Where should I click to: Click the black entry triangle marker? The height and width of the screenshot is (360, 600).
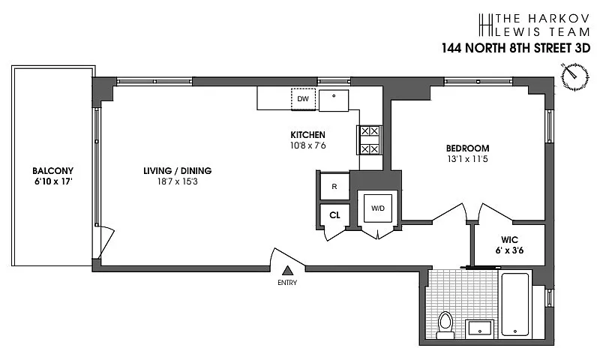coord(288,271)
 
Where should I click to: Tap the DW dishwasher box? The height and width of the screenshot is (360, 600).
coord(303,99)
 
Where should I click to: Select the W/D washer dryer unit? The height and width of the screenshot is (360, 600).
coord(378,208)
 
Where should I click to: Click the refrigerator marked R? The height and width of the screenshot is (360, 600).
coord(334,186)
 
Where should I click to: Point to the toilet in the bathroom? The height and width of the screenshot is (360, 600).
coord(445,325)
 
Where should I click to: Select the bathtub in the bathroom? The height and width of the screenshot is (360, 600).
coord(515,305)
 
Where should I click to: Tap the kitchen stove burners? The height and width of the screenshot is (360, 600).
coord(370,140)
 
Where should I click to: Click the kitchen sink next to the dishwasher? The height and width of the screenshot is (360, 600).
coord(334,100)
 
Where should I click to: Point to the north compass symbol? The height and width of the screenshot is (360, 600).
coord(574,76)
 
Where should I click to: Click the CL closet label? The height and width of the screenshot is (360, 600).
coord(334,215)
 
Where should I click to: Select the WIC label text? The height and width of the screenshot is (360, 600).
coord(509,240)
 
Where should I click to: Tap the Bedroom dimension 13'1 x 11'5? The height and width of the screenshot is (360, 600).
coord(467,159)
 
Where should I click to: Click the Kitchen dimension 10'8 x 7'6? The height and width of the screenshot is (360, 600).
coord(308,145)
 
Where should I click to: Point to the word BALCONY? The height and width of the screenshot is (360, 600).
coord(52,171)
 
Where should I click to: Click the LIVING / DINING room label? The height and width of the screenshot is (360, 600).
coord(178,171)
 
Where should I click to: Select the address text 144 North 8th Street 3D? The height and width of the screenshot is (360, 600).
coord(516,48)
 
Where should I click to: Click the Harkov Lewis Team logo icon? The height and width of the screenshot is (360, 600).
coord(485,25)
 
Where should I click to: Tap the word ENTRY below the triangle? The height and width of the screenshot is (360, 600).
coord(287,283)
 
